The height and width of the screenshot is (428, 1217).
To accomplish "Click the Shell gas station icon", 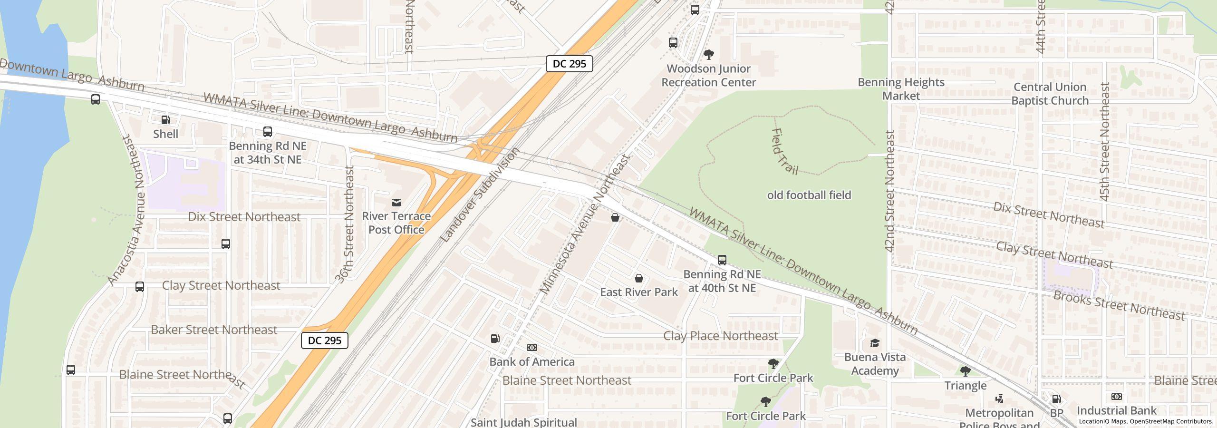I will point(165,120).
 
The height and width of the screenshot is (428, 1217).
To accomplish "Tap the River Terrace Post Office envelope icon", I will point(396,203).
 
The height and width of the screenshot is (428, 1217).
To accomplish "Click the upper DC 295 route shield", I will point(569,64).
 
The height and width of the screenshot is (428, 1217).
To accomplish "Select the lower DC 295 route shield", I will point(324,340).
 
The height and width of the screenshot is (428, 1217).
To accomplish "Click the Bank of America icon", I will point(532,348).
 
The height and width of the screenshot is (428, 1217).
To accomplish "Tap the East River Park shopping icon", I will point(639,278).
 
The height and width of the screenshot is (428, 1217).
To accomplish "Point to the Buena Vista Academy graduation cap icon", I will point(874,343).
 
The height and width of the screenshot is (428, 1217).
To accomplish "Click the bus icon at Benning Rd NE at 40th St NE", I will point(722,260).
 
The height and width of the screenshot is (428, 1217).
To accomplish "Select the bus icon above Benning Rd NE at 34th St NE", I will point(268,132).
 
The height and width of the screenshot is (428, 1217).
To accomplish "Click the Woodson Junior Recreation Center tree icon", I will point(708,55).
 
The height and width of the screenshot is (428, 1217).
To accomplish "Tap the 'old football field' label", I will point(809,195).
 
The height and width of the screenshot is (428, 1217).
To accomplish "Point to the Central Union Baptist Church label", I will point(1050,94).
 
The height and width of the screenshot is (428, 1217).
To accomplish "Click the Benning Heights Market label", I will point(901,89).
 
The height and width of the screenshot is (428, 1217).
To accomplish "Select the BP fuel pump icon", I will point(1056,399).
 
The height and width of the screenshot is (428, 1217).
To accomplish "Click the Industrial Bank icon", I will point(1117,397).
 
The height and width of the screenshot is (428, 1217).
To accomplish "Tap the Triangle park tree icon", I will point(965,371).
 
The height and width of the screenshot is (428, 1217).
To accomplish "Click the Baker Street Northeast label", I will point(213,330).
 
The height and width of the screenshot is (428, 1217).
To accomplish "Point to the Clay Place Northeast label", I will point(720,336).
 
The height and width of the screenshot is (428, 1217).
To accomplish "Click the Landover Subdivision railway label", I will point(480,195).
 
